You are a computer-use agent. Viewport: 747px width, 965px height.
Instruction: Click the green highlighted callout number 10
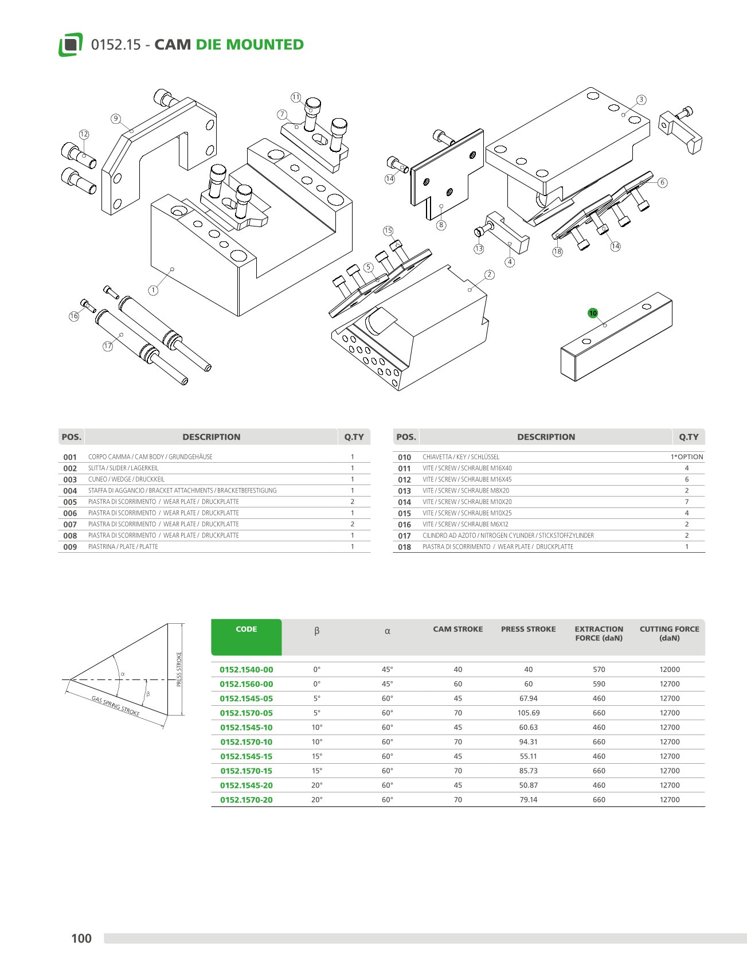[x=593, y=313]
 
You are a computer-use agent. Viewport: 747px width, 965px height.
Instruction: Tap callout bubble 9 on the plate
[x=116, y=119]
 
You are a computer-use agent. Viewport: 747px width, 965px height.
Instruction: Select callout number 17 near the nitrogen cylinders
[x=108, y=346]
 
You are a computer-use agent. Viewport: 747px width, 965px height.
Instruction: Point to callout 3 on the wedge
[x=642, y=100]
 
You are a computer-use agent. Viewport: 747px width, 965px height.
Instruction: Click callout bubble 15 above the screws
[x=388, y=230]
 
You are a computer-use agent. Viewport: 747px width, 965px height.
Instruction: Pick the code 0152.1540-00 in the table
[x=247, y=670]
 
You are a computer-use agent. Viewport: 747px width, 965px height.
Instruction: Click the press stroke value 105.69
[x=528, y=713]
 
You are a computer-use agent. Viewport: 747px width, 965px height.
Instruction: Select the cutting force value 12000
[x=669, y=670]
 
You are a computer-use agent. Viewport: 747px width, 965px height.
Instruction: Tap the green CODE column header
[x=247, y=630]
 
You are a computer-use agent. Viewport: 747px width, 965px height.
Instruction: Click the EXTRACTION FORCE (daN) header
[x=599, y=634]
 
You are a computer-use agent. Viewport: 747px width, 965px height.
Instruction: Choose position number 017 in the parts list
[x=404, y=536]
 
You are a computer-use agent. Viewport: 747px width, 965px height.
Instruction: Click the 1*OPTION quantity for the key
[x=687, y=457]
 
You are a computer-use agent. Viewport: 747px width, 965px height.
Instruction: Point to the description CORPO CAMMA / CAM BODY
[x=150, y=457]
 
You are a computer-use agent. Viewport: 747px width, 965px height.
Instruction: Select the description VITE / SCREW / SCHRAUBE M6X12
[x=465, y=524]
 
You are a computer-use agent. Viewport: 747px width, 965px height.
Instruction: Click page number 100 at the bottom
[x=81, y=938]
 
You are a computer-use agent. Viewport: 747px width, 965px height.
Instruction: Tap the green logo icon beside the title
[x=71, y=45]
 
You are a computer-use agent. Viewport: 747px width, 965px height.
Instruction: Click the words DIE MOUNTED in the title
[x=249, y=45]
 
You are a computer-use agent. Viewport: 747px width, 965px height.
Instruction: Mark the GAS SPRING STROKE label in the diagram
[x=116, y=706]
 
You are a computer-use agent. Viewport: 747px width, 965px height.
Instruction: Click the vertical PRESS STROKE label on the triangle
[x=179, y=669]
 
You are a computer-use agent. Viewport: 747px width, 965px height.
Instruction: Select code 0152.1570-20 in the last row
[x=247, y=800]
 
